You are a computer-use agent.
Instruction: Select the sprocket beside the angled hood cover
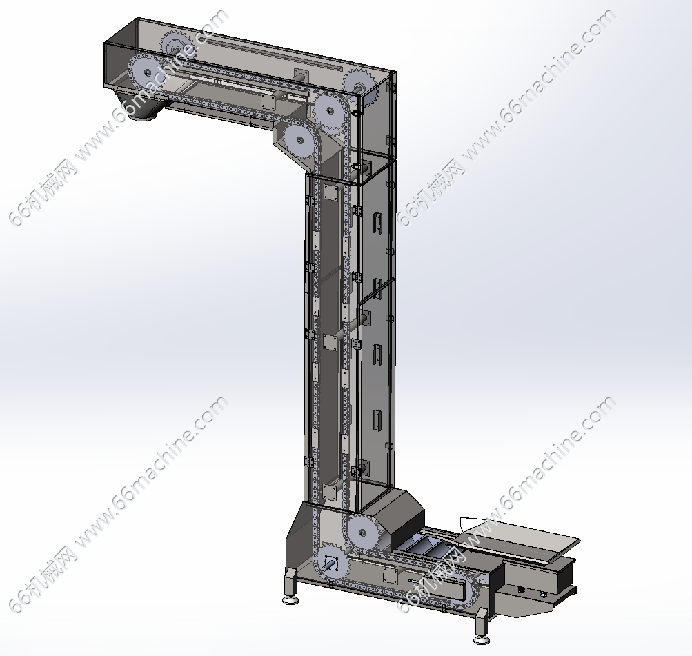pos(362,532)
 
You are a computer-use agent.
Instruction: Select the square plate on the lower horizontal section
pos(389,575)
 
